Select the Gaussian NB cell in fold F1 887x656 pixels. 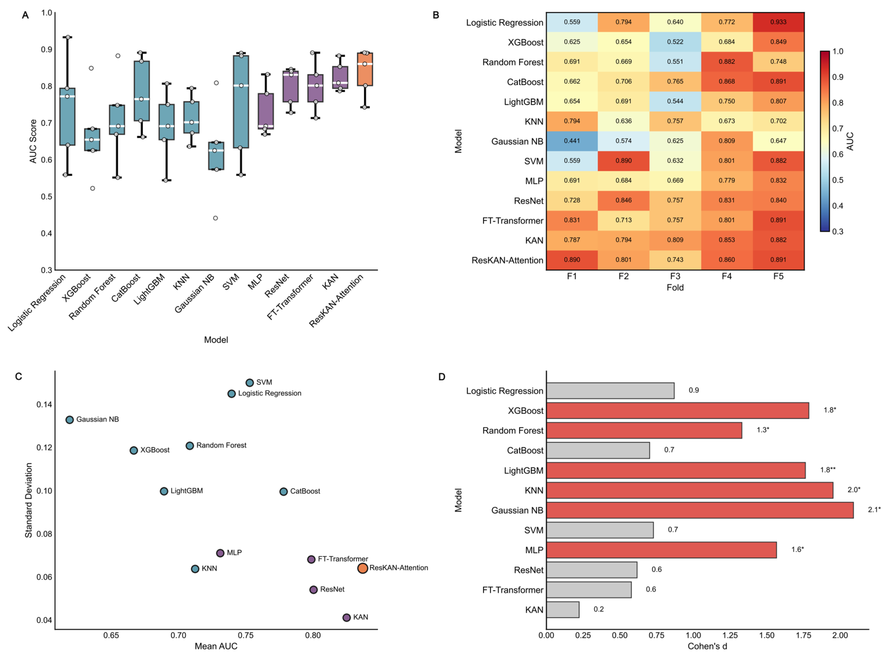point(572,141)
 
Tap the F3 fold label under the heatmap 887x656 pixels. point(675,276)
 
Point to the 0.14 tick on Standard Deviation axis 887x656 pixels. point(44,405)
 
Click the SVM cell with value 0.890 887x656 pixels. point(623,161)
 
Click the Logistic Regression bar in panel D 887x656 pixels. point(610,391)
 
